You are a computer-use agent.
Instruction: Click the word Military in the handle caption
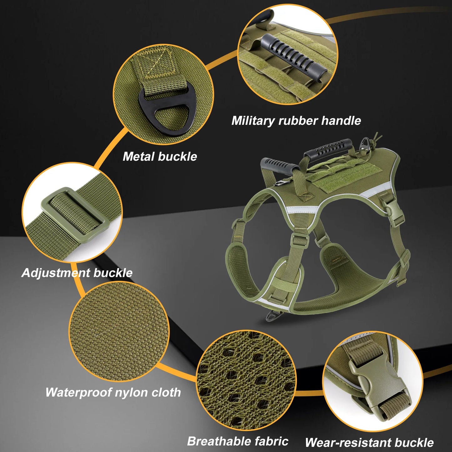click(x=253, y=121)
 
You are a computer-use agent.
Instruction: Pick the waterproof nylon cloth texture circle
click(x=119, y=332)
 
